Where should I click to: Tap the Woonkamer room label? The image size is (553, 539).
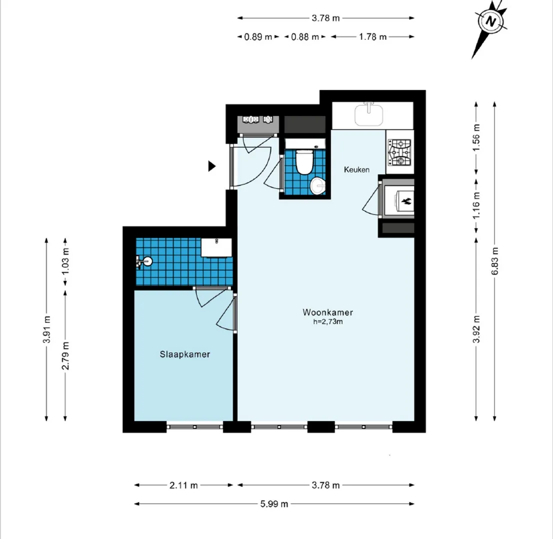point(328,312)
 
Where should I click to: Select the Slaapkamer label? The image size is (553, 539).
point(185,354)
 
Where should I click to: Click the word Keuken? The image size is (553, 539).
point(357,170)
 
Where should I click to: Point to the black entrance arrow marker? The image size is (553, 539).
point(212,166)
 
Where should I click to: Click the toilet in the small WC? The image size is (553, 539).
point(304,162)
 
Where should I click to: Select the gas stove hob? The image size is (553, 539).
point(400,152)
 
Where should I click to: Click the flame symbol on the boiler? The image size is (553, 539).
point(406,202)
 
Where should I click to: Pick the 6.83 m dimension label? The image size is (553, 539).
point(495,261)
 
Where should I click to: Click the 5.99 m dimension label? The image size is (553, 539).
point(274,504)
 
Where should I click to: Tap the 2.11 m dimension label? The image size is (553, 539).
point(183,486)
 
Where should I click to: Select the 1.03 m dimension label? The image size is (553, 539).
point(65,262)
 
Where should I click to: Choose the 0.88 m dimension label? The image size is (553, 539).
point(305,36)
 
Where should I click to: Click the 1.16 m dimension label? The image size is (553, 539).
point(477,205)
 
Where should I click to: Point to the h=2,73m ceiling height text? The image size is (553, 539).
point(328,321)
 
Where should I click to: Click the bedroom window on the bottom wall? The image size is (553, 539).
point(195,427)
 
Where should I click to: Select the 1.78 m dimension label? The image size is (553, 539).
point(373,36)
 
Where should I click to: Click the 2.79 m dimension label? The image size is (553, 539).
point(65,356)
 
